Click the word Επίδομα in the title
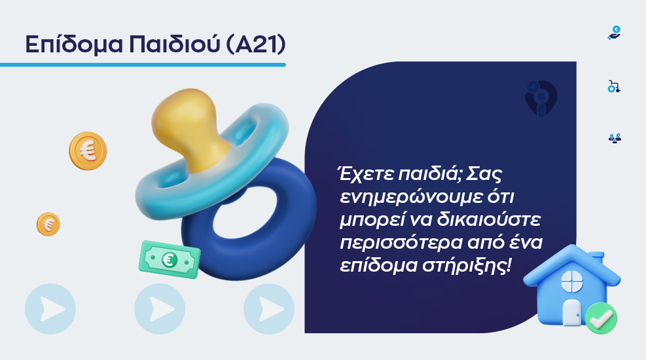(x=74, y=45)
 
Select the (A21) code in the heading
(x=256, y=44)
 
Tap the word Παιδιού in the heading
(x=175, y=44)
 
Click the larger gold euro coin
(x=88, y=151)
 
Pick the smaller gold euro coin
(x=48, y=224)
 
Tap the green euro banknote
(x=170, y=259)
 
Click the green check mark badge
(x=601, y=318)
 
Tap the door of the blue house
(x=571, y=312)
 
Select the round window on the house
(x=572, y=281)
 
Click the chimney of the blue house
(x=596, y=258)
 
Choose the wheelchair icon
(x=614, y=86)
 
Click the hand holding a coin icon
(x=615, y=33)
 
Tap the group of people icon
(x=615, y=138)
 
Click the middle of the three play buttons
(x=160, y=308)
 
